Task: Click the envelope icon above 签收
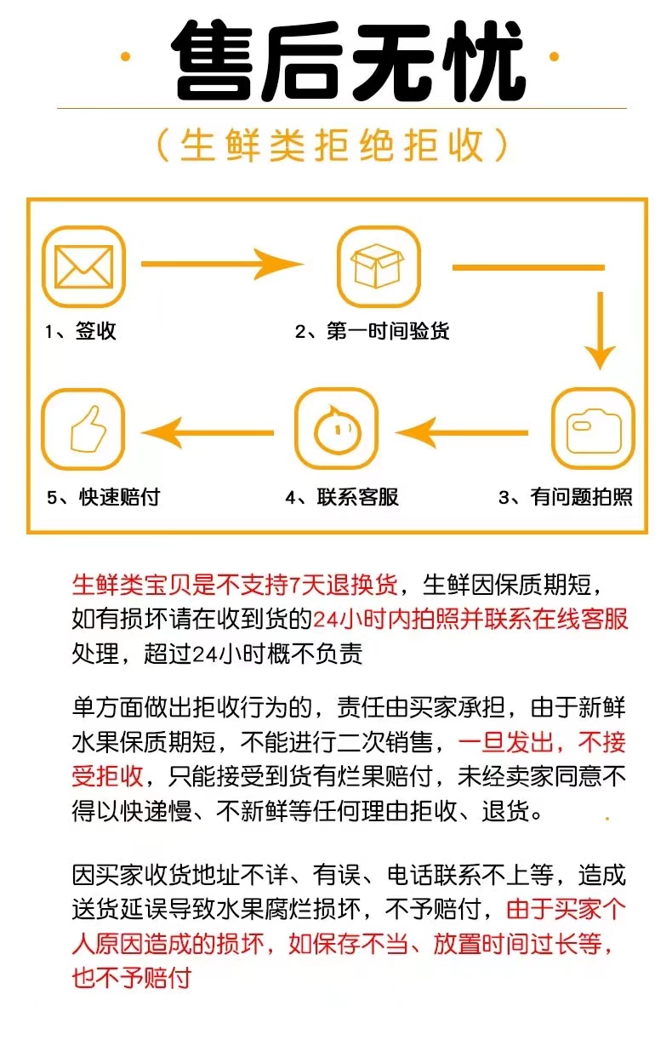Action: (83, 266)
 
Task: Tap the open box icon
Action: (379, 266)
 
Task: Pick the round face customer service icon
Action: (336, 428)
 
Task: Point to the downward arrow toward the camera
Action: (601, 330)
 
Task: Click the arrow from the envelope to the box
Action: (223, 264)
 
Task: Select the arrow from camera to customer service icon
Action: (462, 432)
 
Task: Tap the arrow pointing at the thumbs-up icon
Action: (208, 432)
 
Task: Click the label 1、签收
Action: (81, 331)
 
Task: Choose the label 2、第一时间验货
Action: (372, 331)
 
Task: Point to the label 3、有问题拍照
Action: (566, 497)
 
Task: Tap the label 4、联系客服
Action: (342, 497)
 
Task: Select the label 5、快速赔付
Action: (103, 497)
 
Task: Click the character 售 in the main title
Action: (213, 60)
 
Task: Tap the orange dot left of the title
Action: (125, 57)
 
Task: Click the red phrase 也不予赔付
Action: (132, 978)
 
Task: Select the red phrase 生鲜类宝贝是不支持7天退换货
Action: (236, 586)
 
